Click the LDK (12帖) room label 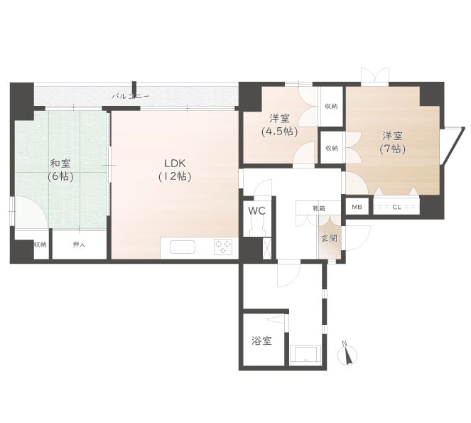coord(175,170)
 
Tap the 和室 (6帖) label coord(60,170)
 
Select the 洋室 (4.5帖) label coord(279,124)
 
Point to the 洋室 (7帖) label coord(392,142)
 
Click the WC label coord(257,210)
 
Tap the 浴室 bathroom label coord(261,341)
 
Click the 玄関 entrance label coord(329,238)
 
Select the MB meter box coord(357,207)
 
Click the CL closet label coord(396,207)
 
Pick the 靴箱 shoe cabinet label coord(319,208)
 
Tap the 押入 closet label coord(79,245)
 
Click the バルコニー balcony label coord(131,97)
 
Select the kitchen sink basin coord(183,247)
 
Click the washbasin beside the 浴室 coord(305,355)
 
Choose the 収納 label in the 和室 coord(40,245)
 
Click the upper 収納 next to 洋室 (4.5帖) coord(331,106)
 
